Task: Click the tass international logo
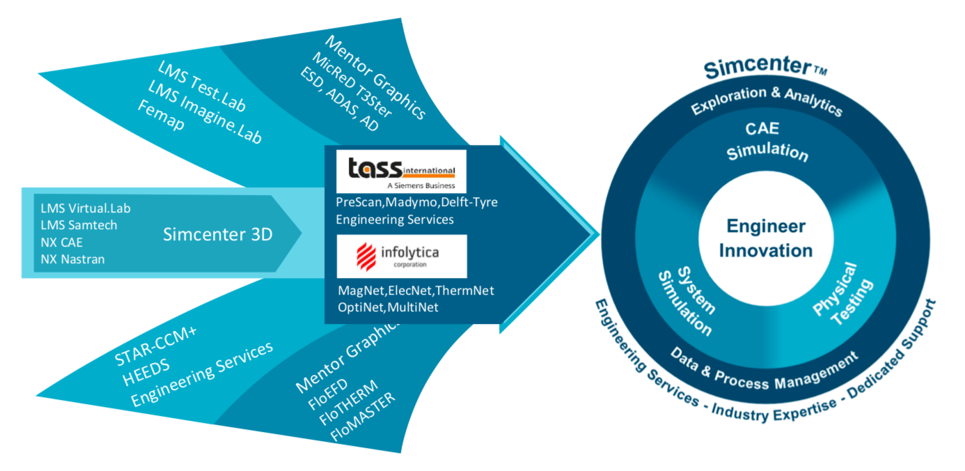[x=401, y=171]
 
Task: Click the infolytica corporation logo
[x=401, y=256]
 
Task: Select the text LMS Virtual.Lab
[x=86, y=208]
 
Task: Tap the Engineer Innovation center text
[x=765, y=238]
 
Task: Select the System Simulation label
[x=685, y=300]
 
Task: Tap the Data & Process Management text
[x=763, y=369]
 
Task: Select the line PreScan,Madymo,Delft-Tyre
[x=417, y=202]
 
